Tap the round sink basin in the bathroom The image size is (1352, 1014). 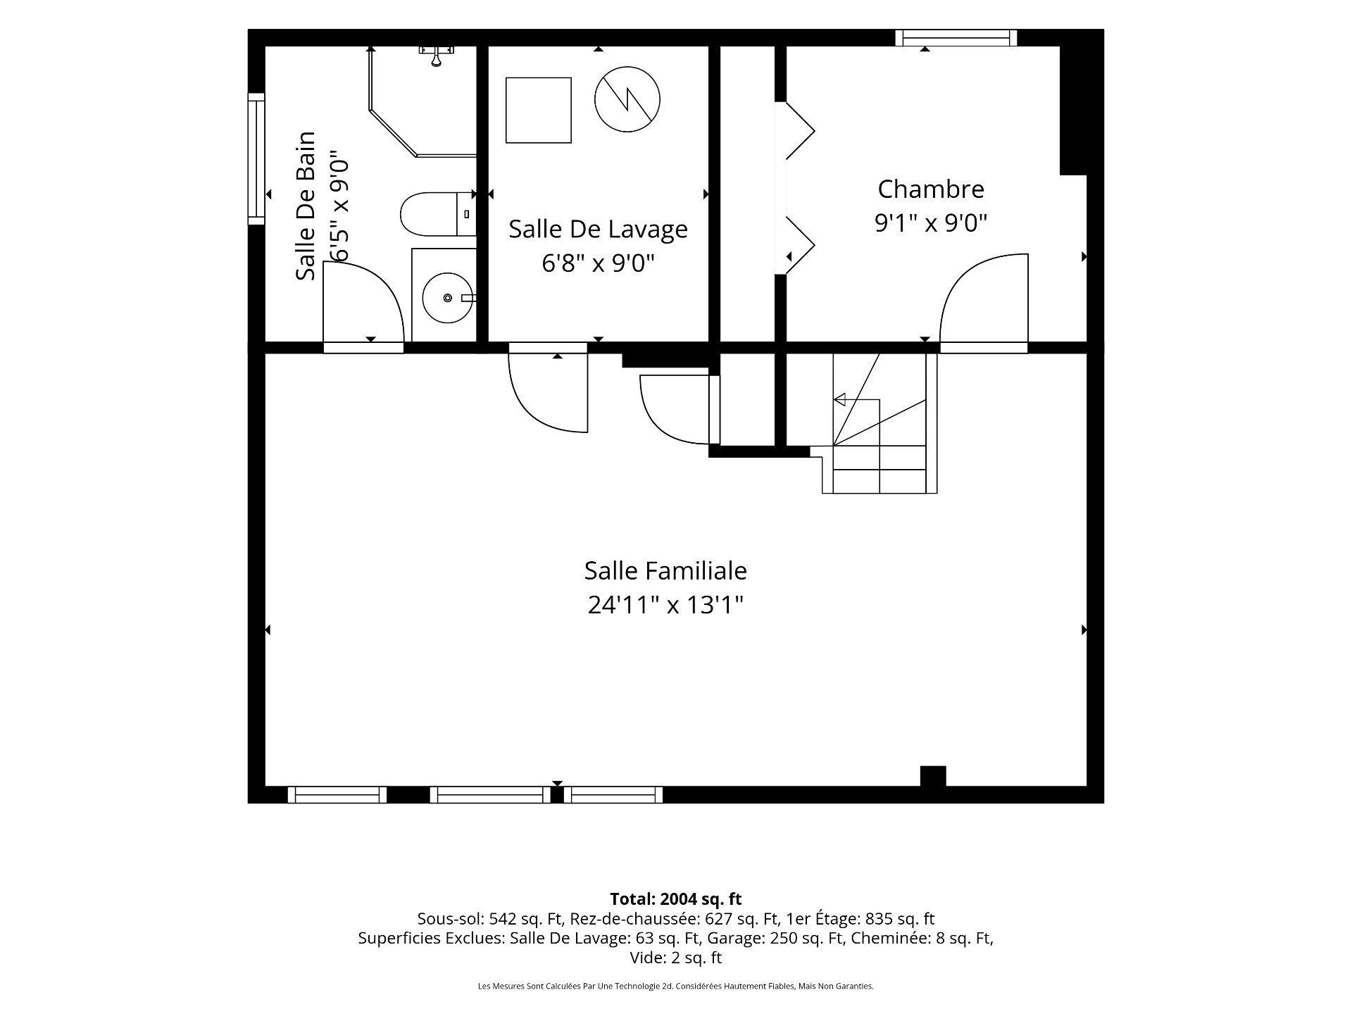tap(448, 298)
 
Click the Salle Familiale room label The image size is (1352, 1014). tap(665, 570)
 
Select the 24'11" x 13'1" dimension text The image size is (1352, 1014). tap(665, 604)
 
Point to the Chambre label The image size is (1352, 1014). tap(931, 189)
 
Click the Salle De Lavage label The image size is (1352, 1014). tap(598, 229)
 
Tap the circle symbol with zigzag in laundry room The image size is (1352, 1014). tap(627, 100)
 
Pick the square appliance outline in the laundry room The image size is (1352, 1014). tap(538, 111)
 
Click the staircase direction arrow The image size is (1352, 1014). tap(856, 400)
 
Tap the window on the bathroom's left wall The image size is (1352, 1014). tap(256, 158)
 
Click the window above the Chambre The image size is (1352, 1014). tap(956, 37)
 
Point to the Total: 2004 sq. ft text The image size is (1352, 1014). tap(675, 899)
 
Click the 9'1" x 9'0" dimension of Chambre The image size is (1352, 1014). tap(931, 223)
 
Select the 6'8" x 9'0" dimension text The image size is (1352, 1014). tap(598, 263)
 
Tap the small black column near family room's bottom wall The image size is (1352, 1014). tap(933, 776)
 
